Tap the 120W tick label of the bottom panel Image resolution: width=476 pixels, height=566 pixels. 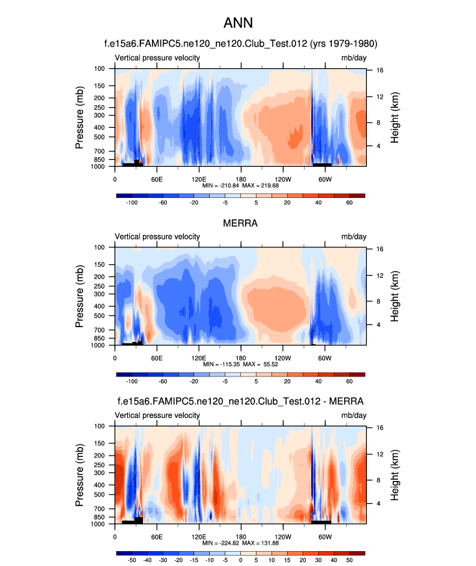[282, 536]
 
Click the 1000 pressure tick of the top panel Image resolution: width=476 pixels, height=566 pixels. [99, 167]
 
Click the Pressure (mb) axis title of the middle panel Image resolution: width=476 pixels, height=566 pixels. [80, 296]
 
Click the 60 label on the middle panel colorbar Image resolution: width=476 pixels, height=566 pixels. [349, 382]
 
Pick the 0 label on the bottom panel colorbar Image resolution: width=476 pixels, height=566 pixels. [240, 560]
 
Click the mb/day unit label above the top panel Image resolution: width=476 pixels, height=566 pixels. [353, 58]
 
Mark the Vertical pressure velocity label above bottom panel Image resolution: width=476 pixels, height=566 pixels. [158, 415]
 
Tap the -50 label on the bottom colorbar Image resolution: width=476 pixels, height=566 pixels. [132, 560]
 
